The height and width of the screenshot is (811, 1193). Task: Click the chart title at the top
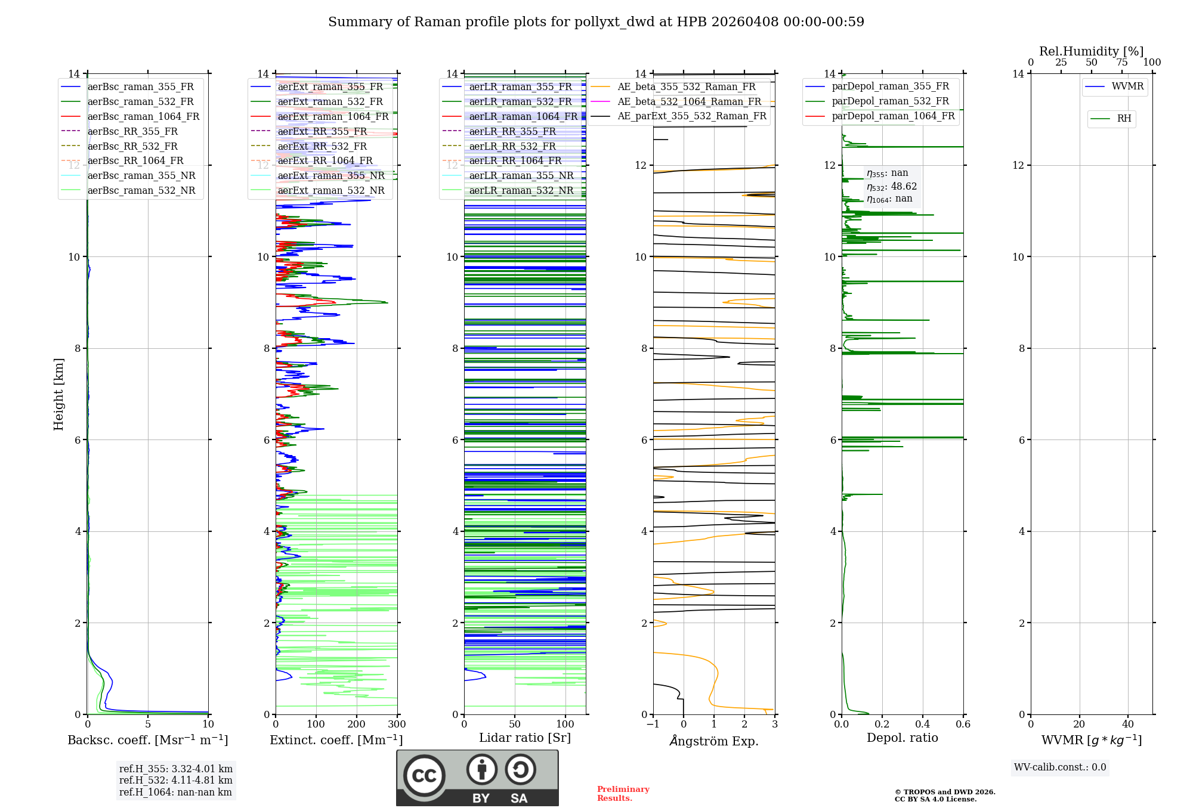[x=596, y=22]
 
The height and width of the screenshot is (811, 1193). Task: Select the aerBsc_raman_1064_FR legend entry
[x=143, y=116]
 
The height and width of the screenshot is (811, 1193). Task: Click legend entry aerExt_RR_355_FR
[x=322, y=131]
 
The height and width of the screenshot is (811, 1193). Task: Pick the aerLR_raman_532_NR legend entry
[x=521, y=190]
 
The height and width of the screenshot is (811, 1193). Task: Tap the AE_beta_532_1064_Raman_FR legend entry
[x=689, y=101]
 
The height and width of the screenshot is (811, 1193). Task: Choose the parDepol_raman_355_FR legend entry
[x=890, y=86]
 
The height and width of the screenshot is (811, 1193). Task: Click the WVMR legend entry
[x=1127, y=86]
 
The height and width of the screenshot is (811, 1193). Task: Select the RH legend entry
[x=1124, y=119]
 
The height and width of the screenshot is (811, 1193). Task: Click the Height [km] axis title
[x=58, y=394]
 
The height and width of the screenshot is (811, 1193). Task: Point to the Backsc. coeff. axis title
[x=148, y=740]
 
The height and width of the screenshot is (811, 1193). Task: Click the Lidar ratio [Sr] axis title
[x=525, y=738]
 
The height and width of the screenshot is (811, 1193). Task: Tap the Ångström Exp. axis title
[x=714, y=741]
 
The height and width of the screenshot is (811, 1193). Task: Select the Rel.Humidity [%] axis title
[x=1091, y=51]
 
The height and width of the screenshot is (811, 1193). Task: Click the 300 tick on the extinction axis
[x=397, y=725]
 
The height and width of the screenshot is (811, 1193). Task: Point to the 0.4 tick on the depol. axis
[x=922, y=725]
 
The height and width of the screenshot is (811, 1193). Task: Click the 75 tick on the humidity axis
[x=1121, y=63]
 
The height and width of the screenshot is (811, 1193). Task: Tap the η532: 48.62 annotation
[x=892, y=186]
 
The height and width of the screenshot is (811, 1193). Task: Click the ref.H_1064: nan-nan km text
[x=175, y=792]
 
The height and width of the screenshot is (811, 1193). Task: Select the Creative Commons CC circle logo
[x=424, y=775]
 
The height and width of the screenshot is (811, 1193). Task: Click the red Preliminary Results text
[x=623, y=794]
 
